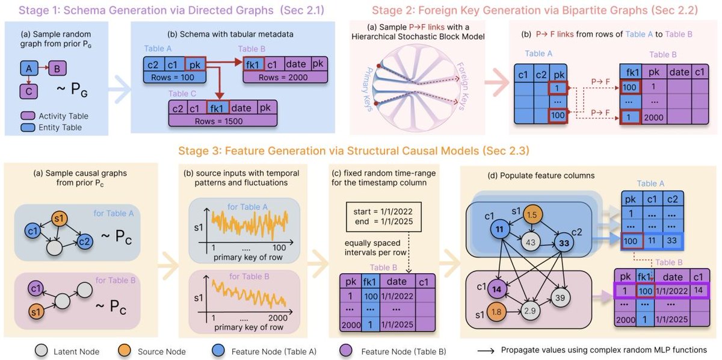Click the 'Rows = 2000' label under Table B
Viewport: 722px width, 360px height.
(283, 77)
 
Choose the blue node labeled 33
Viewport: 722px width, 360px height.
(565, 244)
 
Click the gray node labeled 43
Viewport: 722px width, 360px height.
(530, 242)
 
